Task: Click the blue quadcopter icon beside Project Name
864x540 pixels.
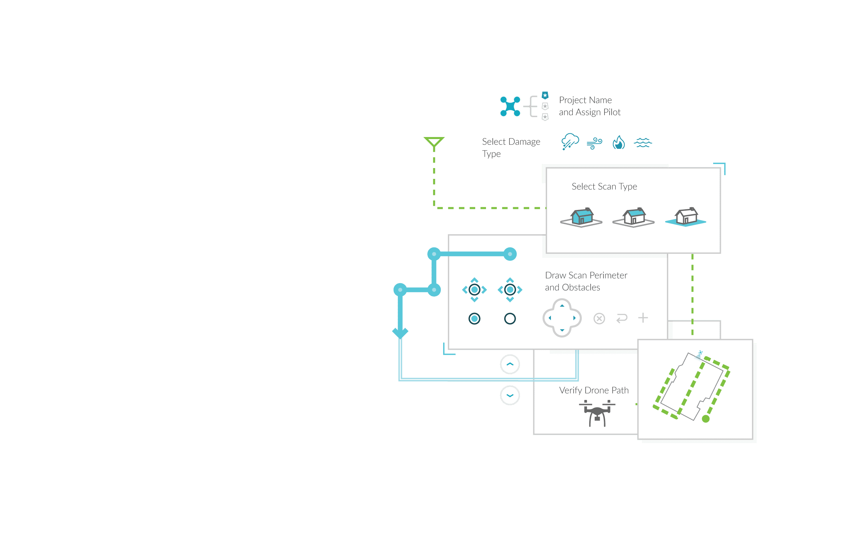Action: pyautogui.click(x=510, y=106)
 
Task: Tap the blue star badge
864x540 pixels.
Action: pyautogui.click(x=545, y=96)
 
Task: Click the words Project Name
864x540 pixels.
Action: pyautogui.click(x=585, y=100)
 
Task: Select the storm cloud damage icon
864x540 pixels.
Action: pyautogui.click(x=570, y=142)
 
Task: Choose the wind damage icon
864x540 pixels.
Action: pyautogui.click(x=594, y=143)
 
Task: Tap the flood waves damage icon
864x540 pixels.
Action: pyautogui.click(x=643, y=143)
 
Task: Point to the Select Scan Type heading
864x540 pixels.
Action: pyautogui.click(x=604, y=186)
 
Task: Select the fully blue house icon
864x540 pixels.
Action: pyautogui.click(x=582, y=217)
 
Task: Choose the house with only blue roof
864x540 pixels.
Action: pyautogui.click(x=634, y=217)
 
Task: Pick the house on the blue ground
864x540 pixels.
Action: pyautogui.click(x=686, y=217)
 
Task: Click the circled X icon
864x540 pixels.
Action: pyautogui.click(x=599, y=318)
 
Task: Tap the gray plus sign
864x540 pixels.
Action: pyautogui.click(x=643, y=318)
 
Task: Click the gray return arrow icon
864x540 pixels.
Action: pyautogui.click(x=622, y=318)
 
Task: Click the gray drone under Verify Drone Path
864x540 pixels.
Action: pyautogui.click(x=597, y=413)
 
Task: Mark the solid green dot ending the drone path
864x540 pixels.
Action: pyautogui.click(x=705, y=419)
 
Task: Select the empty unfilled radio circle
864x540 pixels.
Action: pyautogui.click(x=510, y=319)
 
